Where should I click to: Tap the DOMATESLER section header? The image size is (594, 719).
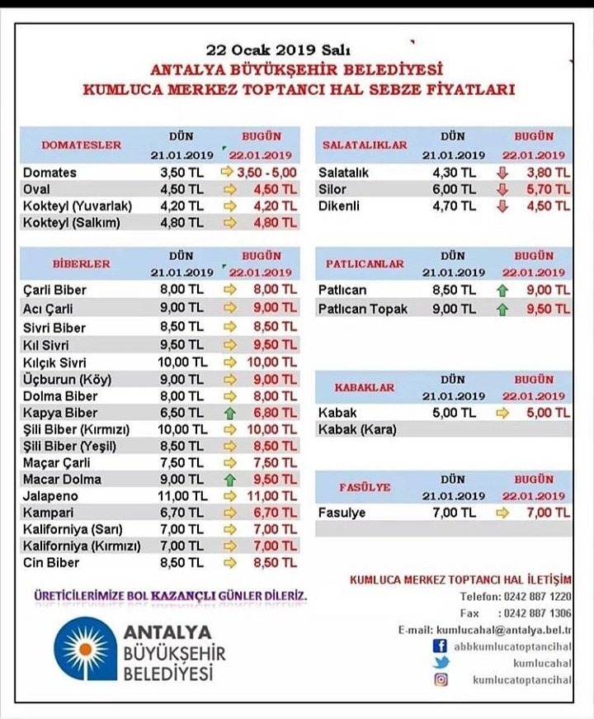click(81, 145)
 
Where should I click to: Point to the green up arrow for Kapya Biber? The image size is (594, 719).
click(229, 413)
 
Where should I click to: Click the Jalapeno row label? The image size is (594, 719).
click(51, 496)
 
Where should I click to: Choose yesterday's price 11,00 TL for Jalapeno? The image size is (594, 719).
click(182, 496)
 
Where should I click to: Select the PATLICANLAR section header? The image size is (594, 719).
click(365, 264)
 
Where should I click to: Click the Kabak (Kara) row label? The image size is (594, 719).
click(356, 429)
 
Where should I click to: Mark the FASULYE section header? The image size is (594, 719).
click(364, 487)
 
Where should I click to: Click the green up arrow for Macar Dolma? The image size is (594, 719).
click(229, 480)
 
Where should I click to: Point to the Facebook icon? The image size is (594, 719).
click(441, 646)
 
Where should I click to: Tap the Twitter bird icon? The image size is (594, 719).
click(441, 663)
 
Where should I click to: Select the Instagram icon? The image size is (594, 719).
click(441, 679)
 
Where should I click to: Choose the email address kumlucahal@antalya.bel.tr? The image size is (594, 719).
click(504, 630)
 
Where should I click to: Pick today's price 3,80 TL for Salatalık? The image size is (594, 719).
click(549, 173)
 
